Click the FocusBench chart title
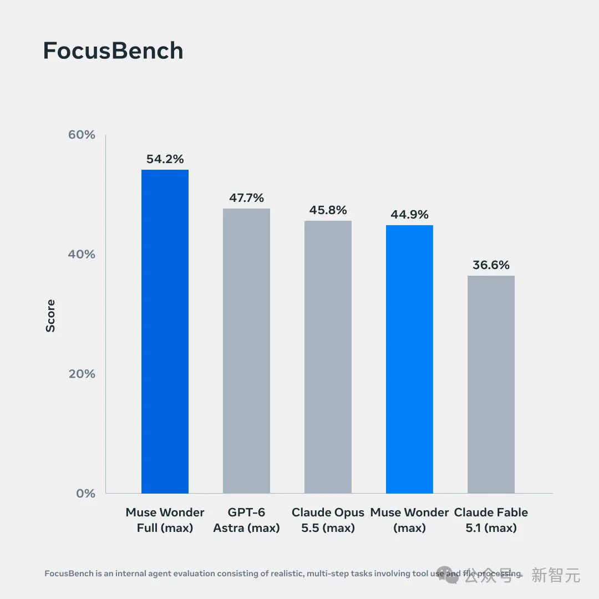113,51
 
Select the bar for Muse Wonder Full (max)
165,331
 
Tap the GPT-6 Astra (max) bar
246,351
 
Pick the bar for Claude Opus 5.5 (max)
328,357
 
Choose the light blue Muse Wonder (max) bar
409,359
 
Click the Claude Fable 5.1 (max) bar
491,384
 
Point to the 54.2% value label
165,159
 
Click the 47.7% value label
246,198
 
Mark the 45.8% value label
328,210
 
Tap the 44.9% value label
409,214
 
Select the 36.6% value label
491,265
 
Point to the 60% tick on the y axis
82,134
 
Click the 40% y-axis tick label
82,254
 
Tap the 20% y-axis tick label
82,374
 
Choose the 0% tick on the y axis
85,493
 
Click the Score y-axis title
50,316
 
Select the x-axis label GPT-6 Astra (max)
246,520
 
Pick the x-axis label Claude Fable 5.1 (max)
491,520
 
